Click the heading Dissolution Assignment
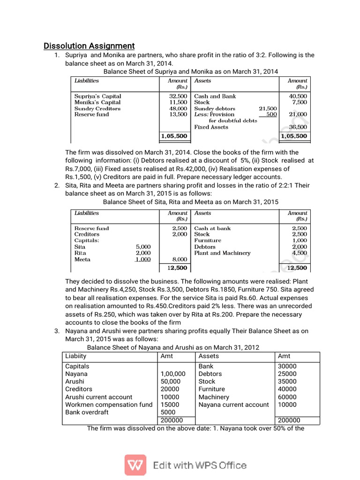(89, 46)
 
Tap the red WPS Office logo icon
(135, 465)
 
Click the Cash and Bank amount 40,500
(298, 96)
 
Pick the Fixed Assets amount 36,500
(298, 127)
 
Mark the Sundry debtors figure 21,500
(268, 108)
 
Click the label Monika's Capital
(97, 102)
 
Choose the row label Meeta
(82, 259)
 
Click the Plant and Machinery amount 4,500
(299, 253)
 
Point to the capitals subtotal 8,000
(180, 259)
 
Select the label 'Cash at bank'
(212, 228)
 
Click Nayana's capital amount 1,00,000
(173, 374)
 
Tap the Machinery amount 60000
(287, 397)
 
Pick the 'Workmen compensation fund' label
(109, 405)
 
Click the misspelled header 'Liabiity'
(76, 356)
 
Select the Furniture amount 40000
(287, 389)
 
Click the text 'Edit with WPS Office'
(200, 465)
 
